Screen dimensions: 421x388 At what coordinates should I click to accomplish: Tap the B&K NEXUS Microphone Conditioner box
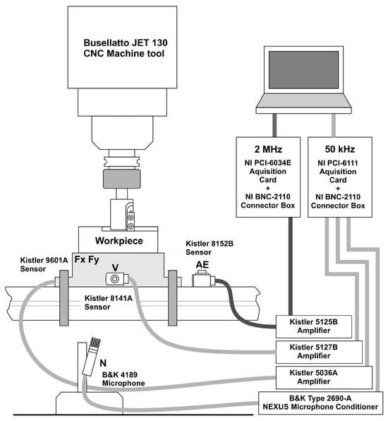(320, 401)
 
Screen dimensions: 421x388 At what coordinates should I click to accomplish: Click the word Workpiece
(119, 242)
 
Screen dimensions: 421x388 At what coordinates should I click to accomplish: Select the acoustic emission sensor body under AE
(204, 280)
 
